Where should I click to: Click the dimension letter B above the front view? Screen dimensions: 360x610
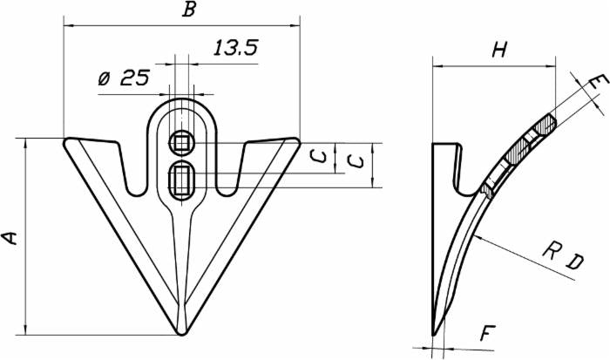[187, 10]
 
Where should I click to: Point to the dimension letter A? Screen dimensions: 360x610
[10, 237]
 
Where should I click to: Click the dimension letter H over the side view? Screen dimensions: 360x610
[498, 51]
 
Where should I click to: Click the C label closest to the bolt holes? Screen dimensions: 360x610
[320, 158]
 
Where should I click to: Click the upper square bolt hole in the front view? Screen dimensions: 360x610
[182, 141]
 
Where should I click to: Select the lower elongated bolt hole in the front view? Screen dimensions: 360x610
[182, 178]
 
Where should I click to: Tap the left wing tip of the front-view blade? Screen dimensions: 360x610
[68, 140]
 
